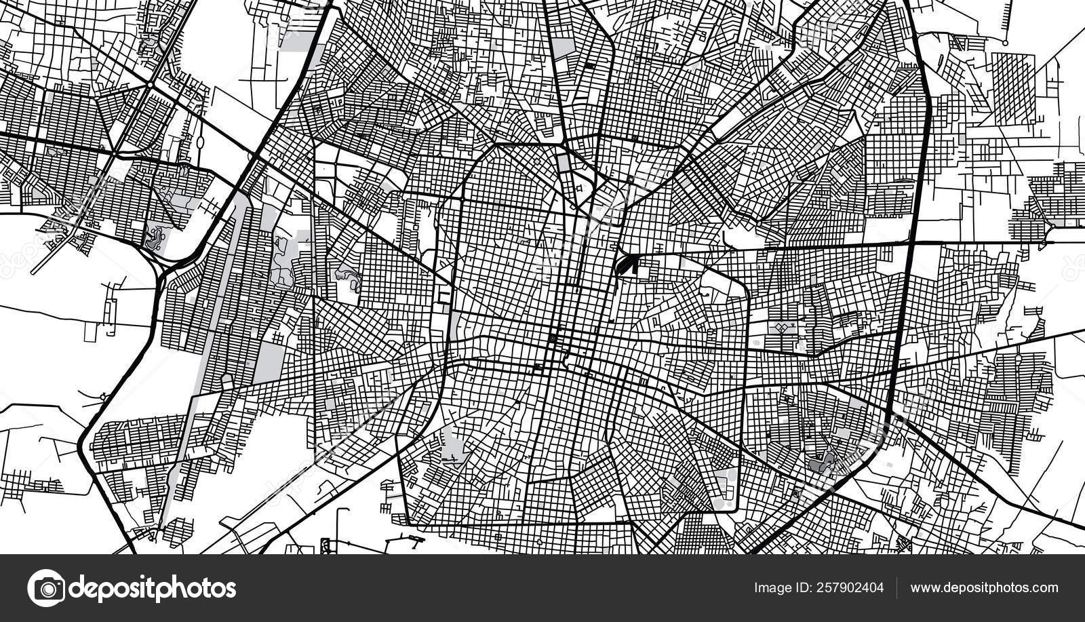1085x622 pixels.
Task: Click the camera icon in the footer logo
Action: point(47,587)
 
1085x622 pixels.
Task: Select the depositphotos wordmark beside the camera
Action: point(153,588)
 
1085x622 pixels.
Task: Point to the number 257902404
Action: point(851,587)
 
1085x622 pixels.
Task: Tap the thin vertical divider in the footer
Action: point(896,587)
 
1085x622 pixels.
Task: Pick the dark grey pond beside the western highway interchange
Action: point(155,237)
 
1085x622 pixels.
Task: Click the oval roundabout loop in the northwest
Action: point(201,143)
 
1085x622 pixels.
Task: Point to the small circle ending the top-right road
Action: point(1006,42)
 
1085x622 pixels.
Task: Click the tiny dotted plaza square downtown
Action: point(553,338)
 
